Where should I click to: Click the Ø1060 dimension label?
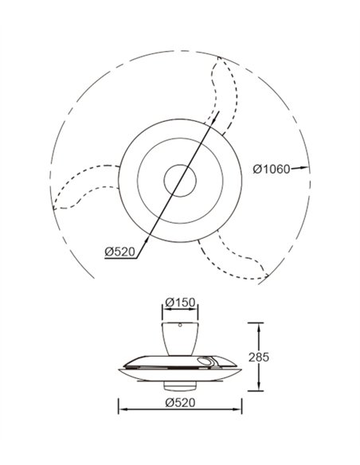(272, 169)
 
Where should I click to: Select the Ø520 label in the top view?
(119, 252)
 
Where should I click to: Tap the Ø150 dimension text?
(180, 303)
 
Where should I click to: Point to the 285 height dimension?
(259, 357)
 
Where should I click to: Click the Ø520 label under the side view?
(180, 402)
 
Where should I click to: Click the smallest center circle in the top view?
(180, 181)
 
